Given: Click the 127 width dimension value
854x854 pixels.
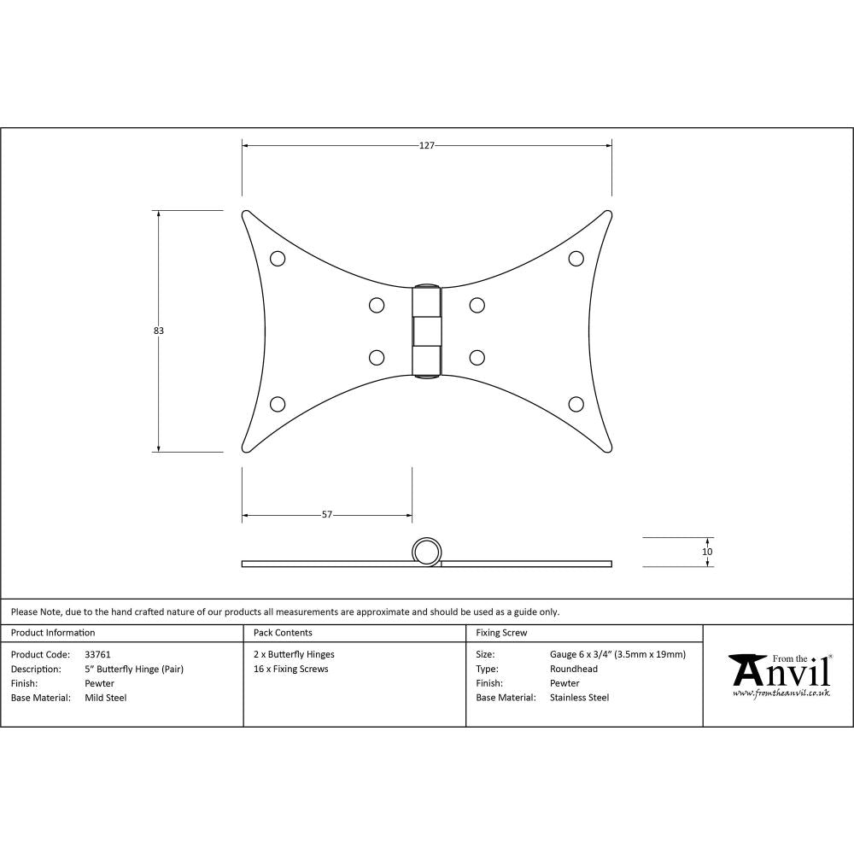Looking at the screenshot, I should click(427, 145).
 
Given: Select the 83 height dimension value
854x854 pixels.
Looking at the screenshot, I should click(159, 330).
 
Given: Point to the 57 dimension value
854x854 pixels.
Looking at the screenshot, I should click(326, 515).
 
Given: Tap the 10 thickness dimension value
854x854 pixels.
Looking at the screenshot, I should click(707, 552).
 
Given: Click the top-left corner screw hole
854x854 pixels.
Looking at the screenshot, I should click(278, 258).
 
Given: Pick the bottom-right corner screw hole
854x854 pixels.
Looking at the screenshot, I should click(576, 404).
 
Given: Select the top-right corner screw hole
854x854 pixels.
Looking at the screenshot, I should click(576, 258).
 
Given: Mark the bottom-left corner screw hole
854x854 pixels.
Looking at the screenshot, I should click(278, 404).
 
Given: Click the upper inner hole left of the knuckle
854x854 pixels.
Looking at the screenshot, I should click(376, 304).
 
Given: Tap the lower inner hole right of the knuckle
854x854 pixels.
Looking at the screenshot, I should click(477, 358).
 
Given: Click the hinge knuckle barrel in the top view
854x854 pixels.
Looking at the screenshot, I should click(427, 330).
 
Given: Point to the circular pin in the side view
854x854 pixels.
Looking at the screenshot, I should click(427, 552).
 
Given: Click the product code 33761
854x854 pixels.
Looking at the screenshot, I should click(98, 654).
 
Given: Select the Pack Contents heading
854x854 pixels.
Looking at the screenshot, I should click(283, 633).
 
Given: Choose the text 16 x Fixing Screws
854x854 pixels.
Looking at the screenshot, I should click(291, 669).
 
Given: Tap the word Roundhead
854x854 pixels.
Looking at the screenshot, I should click(574, 669).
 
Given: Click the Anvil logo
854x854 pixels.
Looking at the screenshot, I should click(778, 674).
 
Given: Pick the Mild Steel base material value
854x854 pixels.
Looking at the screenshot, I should click(106, 698).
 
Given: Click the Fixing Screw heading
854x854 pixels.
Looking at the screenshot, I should click(501, 633).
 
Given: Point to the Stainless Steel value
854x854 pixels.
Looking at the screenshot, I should click(580, 698).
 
